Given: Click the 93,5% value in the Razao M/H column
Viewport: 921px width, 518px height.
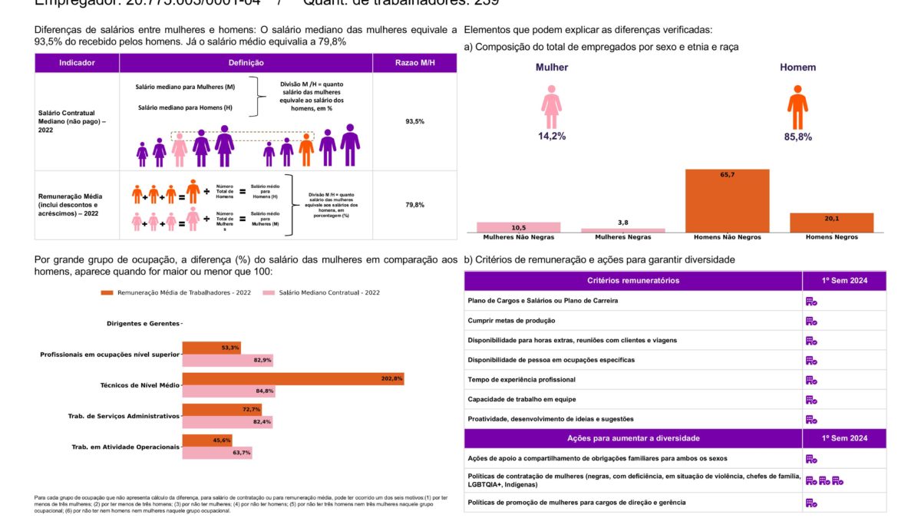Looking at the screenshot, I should coord(414,122).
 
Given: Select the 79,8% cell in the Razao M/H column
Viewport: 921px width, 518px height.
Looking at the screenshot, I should coord(414,205).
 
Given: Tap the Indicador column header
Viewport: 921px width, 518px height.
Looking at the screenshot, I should coord(77,63).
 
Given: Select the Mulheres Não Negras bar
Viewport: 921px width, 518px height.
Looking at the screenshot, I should coord(518,227).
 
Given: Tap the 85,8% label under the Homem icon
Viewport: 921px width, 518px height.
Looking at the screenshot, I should coord(797,137).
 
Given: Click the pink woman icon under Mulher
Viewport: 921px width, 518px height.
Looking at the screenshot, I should coord(552,107).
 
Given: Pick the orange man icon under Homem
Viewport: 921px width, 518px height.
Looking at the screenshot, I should coord(797,107).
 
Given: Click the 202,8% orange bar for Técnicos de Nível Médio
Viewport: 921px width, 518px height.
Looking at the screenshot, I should coord(292,378).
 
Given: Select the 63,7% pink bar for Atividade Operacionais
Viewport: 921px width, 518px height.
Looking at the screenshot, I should coord(217,453).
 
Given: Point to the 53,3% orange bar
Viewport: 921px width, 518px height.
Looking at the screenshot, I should coord(211,348).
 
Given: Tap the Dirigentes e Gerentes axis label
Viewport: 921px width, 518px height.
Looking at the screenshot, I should coord(143,323).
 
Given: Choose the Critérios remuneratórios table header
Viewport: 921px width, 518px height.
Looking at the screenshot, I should coord(632,281).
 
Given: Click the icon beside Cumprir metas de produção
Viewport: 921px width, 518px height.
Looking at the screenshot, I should coord(810,321).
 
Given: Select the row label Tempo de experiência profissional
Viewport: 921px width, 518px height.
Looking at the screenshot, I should coord(521,380).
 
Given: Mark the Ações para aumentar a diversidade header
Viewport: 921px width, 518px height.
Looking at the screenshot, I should coord(632,438).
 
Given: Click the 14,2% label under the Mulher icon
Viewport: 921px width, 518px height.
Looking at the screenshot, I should coord(552,137).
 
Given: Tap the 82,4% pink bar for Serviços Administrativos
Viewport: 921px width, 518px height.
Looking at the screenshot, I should coord(227,422).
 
